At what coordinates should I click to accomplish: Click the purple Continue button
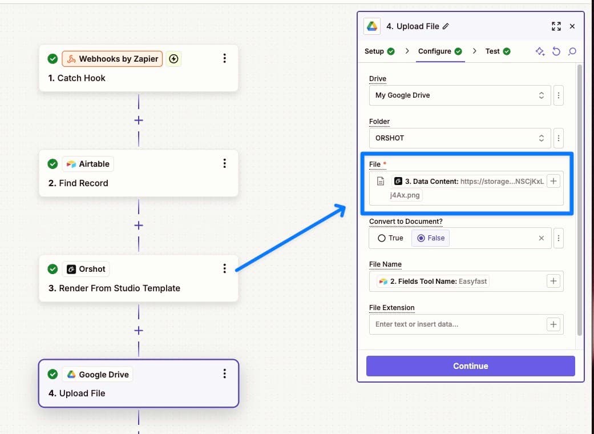471,366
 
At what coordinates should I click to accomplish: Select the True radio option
382,238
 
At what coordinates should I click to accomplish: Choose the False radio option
421,238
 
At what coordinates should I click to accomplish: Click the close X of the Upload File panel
572,26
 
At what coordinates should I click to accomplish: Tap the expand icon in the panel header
556,26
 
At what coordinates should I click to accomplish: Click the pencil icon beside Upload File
446,26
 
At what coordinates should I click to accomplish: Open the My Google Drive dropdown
460,95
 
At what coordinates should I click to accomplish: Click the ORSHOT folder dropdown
460,138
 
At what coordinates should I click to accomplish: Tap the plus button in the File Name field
553,281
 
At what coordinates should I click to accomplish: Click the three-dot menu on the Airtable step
225,163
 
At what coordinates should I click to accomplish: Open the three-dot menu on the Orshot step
225,268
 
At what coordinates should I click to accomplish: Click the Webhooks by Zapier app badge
112,59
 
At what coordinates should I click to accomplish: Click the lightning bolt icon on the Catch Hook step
173,59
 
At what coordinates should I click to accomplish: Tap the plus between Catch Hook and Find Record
139,120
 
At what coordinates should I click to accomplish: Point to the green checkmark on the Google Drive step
52,374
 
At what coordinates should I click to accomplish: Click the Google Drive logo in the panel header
372,26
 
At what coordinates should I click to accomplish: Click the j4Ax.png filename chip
405,195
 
